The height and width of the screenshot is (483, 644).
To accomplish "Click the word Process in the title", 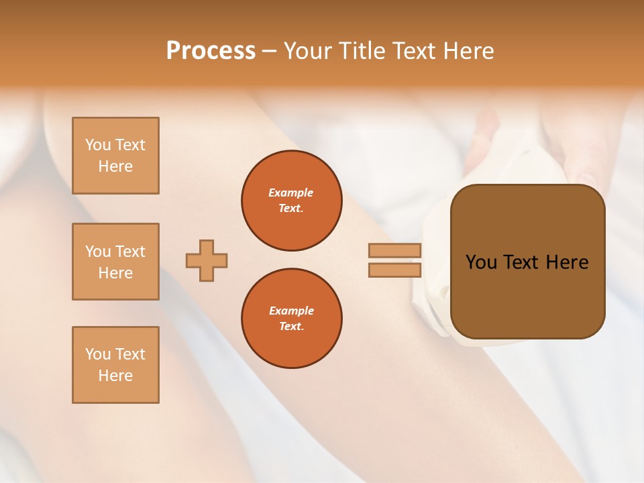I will (x=211, y=51).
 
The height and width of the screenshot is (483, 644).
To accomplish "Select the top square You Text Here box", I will (x=115, y=156).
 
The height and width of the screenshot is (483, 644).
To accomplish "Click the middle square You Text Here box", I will (x=115, y=262).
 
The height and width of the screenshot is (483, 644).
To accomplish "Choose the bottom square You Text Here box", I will (x=115, y=365).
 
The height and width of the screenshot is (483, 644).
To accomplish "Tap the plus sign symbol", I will (x=207, y=260).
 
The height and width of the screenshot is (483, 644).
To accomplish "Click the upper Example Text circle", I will (x=291, y=201).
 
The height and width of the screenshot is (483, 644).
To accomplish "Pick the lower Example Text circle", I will (x=291, y=319).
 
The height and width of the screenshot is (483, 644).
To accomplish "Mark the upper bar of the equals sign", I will (x=394, y=251).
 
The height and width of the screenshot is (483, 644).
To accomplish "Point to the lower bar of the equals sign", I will (x=394, y=270).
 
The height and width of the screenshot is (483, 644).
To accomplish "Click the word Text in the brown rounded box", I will (x=523, y=262).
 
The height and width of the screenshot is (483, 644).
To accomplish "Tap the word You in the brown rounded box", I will (x=482, y=262).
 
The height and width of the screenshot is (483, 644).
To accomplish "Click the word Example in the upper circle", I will (x=291, y=193).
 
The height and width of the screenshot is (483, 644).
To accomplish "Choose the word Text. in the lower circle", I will (x=291, y=327).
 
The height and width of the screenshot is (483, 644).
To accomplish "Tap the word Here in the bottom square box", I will (x=115, y=376).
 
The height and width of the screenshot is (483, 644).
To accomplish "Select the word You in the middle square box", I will (x=97, y=252).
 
